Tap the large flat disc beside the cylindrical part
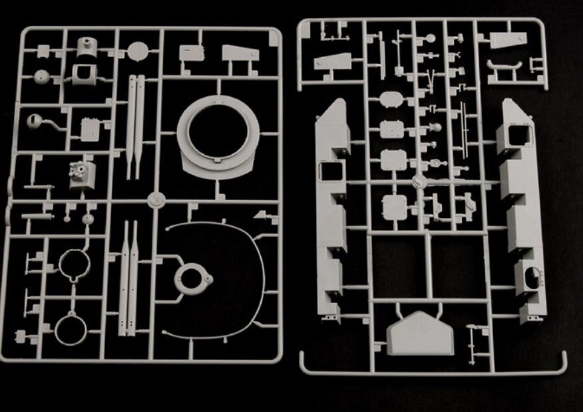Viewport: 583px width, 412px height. tap(138, 51)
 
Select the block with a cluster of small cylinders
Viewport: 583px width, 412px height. tap(82, 173)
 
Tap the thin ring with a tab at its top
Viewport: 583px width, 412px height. tap(71, 330)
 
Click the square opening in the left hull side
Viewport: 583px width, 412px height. tap(329, 171)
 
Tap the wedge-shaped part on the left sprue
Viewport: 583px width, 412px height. tap(241, 55)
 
